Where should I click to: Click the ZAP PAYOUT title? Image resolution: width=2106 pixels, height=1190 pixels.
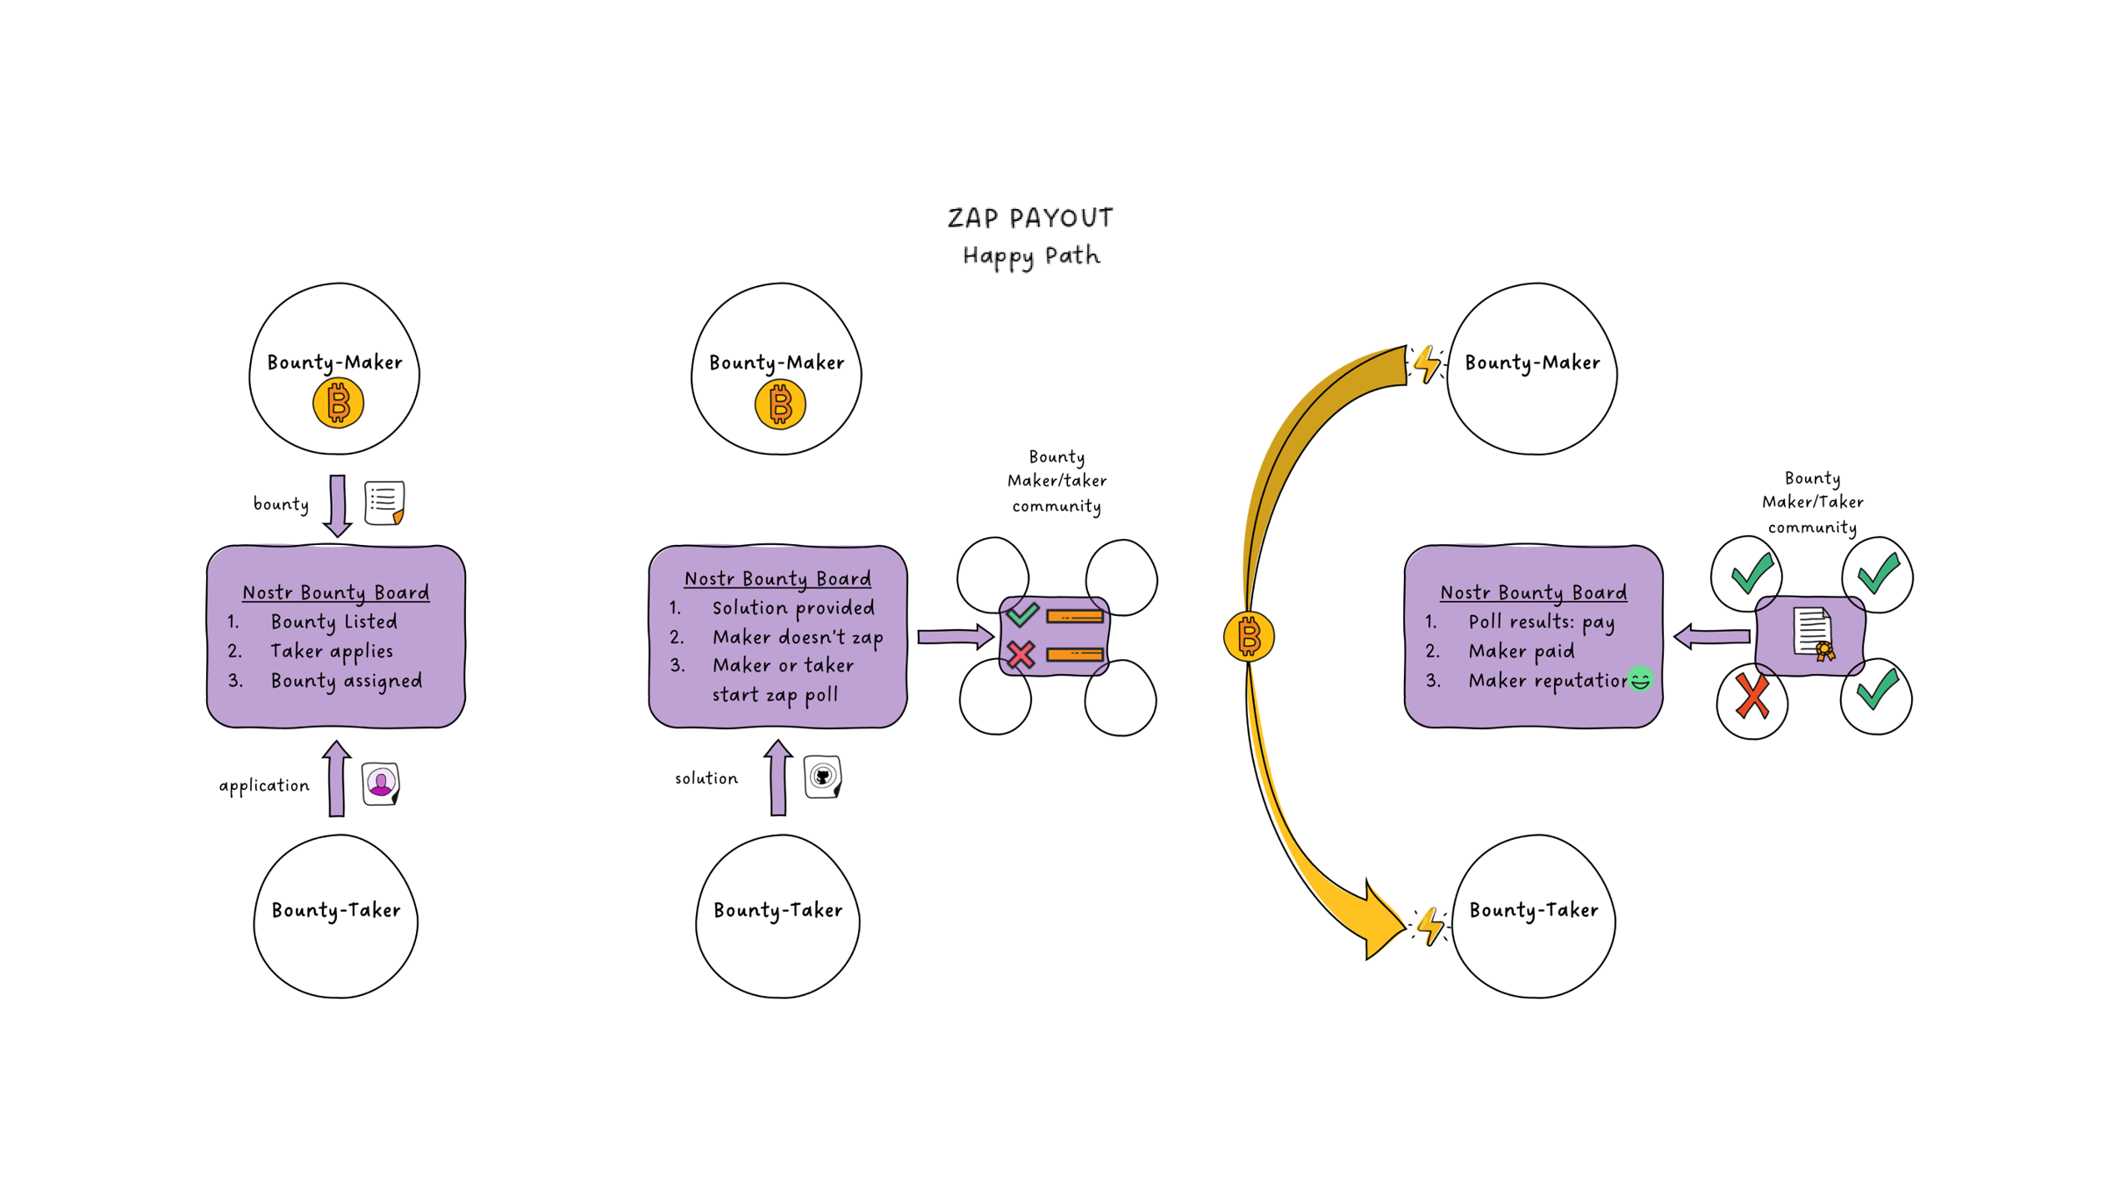pyautogui.click(x=1030, y=218)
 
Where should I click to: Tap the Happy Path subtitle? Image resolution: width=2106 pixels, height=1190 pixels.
pyautogui.click(x=1031, y=255)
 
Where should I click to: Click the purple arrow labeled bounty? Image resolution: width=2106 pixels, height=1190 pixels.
pyautogui.click(x=338, y=505)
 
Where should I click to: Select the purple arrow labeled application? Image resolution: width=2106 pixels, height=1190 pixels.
pyautogui.click(x=336, y=779)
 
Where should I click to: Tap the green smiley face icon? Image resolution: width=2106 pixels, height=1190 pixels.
pyautogui.click(x=1640, y=679)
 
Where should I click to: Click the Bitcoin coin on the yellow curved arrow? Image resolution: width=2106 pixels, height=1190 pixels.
pyautogui.click(x=1249, y=636)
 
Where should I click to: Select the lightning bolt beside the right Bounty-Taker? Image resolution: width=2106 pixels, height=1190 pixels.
pyautogui.click(x=1431, y=926)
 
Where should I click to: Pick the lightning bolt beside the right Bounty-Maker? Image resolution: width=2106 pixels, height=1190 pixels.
pyautogui.click(x=1428, y=363)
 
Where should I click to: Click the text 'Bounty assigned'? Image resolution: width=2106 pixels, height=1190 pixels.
pyautogui.click(x=346, y=681)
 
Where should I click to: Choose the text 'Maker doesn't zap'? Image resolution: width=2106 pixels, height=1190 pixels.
pyautogui.click(x=797, y=637)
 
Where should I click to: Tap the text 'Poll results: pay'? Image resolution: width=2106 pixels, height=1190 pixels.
pyautogui.click(x=1541, y=622)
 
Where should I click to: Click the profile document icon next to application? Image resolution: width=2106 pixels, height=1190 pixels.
pyautogui.click(x=381, y=783)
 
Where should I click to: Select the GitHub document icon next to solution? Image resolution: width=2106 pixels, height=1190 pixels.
pyautogui.click(x=823, y=777)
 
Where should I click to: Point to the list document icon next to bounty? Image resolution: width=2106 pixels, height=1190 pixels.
pyautogui.click(x=384, y=503)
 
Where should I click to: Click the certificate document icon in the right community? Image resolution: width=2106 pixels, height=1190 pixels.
pyautogui.click(x=1813, y=633)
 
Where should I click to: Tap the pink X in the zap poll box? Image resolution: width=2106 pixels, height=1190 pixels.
pyautogui.click(x=1021, y=655)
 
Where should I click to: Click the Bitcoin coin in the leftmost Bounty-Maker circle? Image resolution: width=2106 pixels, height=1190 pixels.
pyautogui.click(x=338, y=404)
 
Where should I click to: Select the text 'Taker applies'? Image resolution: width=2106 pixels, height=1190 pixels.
pyautogui.click(x=332, y=651)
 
